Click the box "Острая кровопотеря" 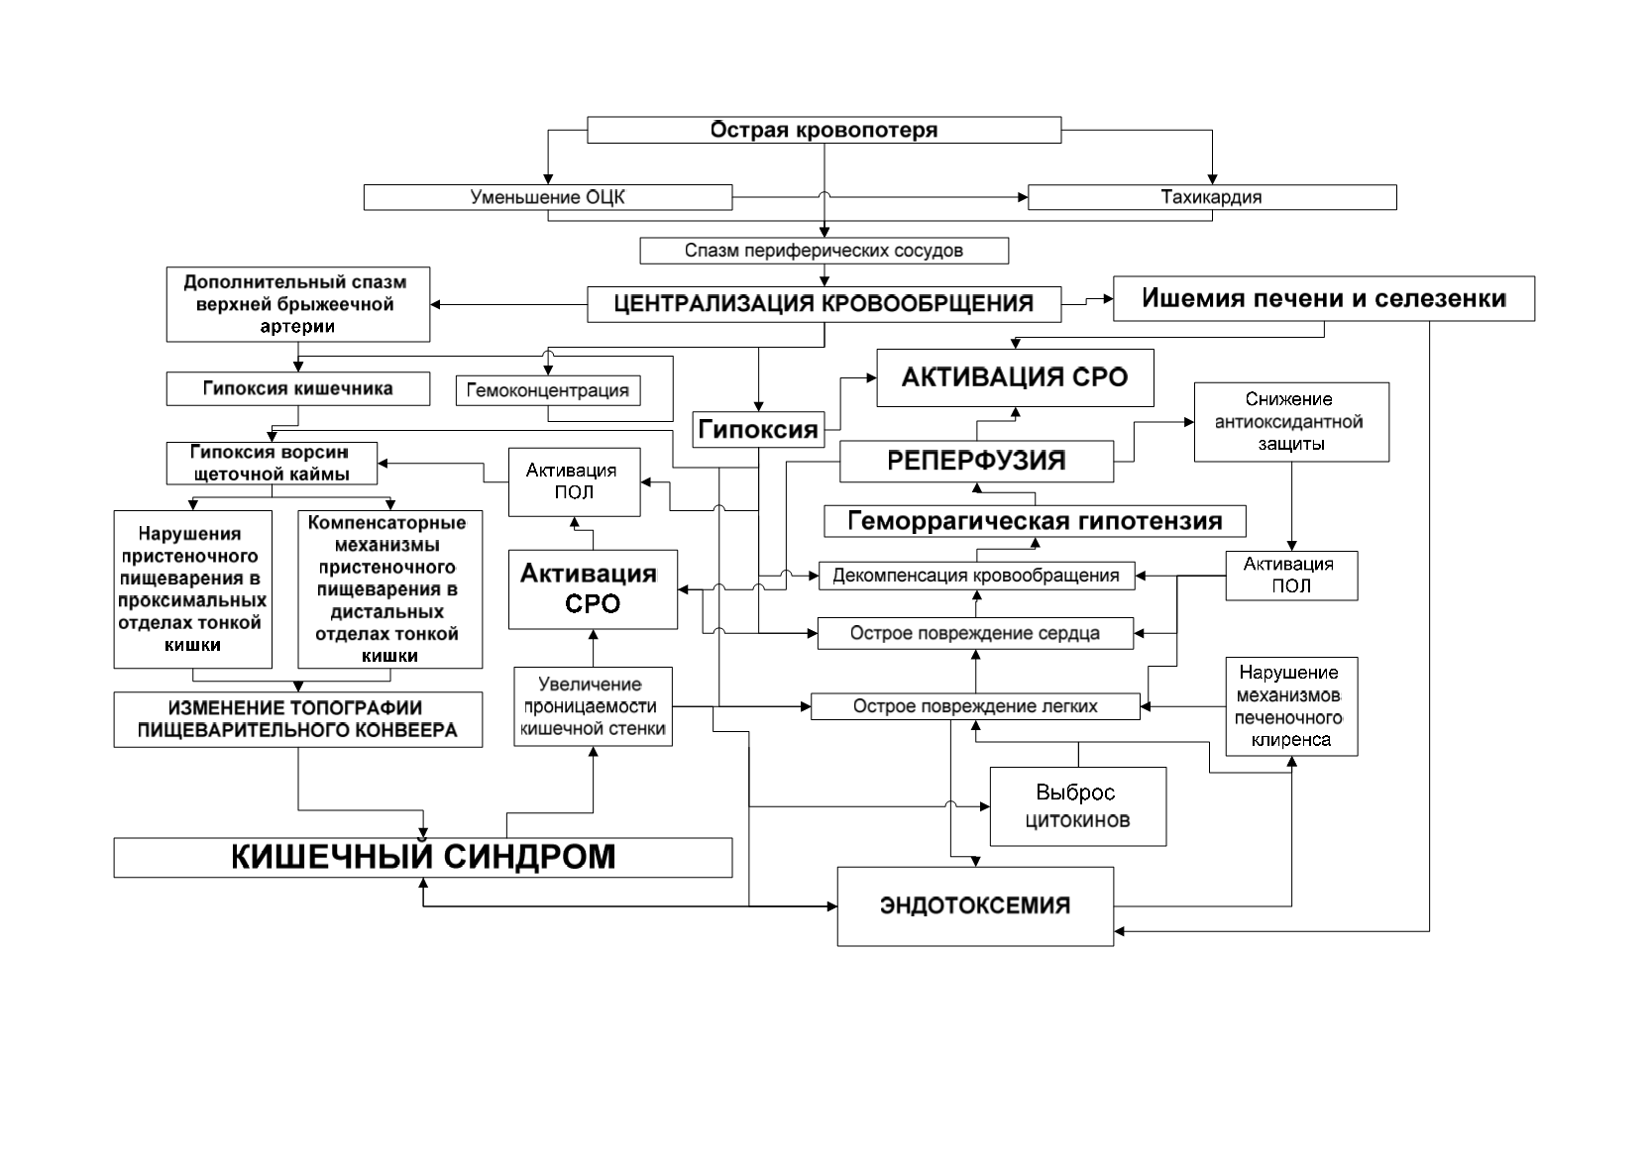[x=824, y=130]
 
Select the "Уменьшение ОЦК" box [x=548, y=197]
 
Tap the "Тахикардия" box [x=1212, y=197]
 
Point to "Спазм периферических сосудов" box [x=824, y=251]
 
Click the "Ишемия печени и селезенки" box [x=1324, y=299]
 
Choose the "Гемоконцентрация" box [x=548, y=390]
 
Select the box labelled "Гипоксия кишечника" [x=298, y=388]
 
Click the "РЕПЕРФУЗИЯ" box [x=976, y=462]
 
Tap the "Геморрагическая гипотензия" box [x=1035, y=521]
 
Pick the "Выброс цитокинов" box [x=1078, y=806]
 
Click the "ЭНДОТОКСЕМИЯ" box [x=975, y=905]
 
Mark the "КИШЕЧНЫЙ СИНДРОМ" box [x=422, y=857]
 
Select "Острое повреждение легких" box [x=975, y=706]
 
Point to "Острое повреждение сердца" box [x=975, y=633]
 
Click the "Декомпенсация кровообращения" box [x=976, y=576]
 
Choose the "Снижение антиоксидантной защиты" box [x=1291, y=422]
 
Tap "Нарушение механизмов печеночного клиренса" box [x=1291, y=706]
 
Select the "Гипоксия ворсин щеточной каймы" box [x=272, y=463]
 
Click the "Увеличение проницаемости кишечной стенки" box [x=593, y=706]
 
